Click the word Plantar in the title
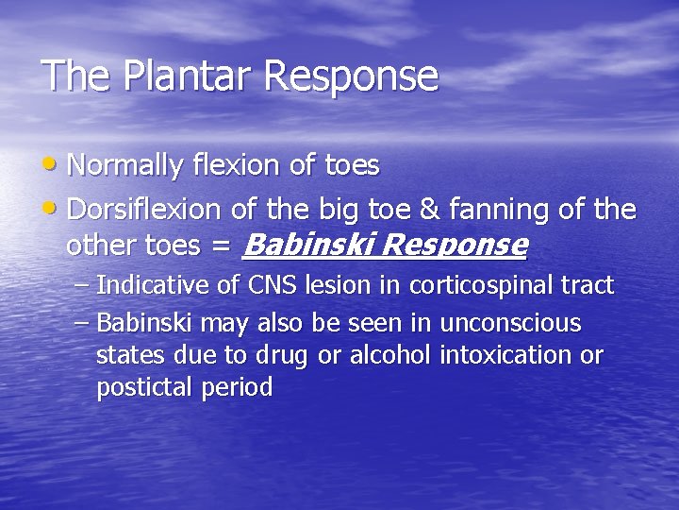(x=171, y=76)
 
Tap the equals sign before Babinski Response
(x=220, y=246)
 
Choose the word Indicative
(x=144, y=284)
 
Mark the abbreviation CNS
(x=272, y=284)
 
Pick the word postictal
(x=141, y=388)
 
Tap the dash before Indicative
(x=82, y=284)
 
